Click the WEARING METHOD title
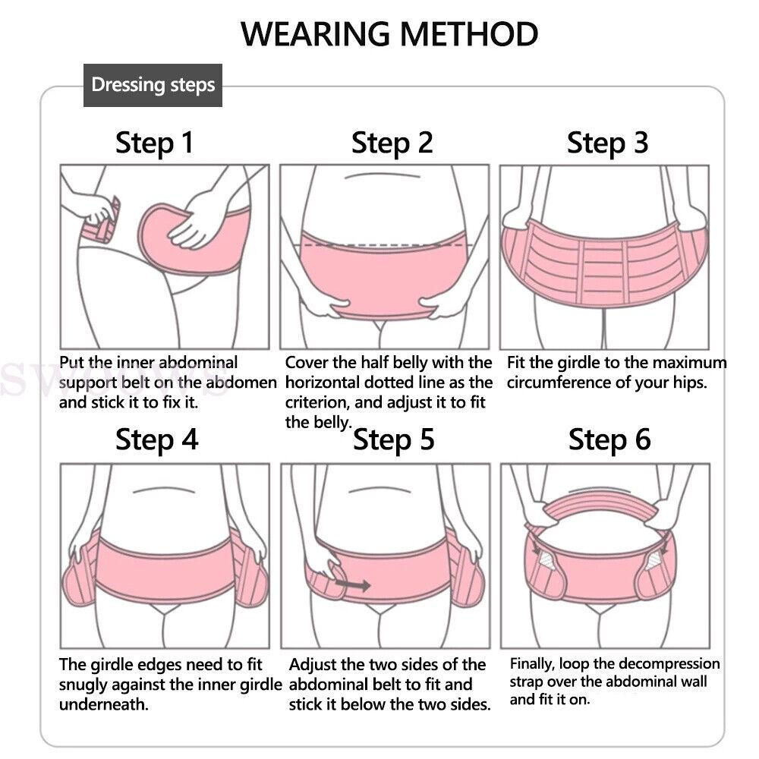389,34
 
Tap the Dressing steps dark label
153,85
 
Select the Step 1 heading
154,143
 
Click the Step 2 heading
392,143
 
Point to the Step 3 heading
607,143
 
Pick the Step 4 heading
157,440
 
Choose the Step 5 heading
393,440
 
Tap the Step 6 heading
609,440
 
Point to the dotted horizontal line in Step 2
386,245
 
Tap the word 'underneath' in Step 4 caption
103,704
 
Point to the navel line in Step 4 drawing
164,491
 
